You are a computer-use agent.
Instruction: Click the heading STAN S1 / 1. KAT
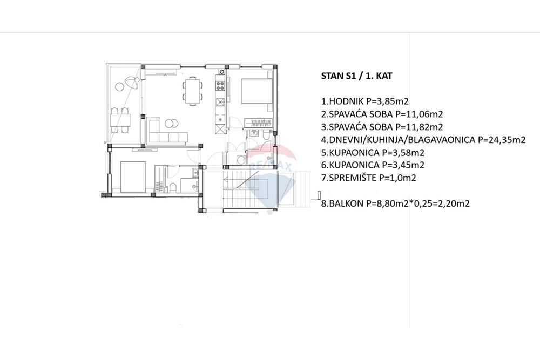[356, 76]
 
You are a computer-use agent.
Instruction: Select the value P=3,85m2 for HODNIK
[387, 101]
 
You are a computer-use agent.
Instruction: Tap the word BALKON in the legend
[346, 203]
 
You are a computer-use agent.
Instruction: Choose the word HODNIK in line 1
[347, 101]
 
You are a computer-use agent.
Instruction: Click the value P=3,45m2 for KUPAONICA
[403, 165]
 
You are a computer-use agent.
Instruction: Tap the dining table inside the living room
[192, 91]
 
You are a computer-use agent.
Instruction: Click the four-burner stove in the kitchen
[220, 86]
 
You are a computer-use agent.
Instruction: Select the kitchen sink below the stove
[220, 102]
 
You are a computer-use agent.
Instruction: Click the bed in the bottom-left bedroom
[133, 176]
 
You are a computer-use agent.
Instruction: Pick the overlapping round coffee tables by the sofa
[171, 123]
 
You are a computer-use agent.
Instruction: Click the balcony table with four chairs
[120, 120]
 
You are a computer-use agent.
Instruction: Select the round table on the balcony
[120, 86]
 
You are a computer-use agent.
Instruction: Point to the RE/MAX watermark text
[271, 166]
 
